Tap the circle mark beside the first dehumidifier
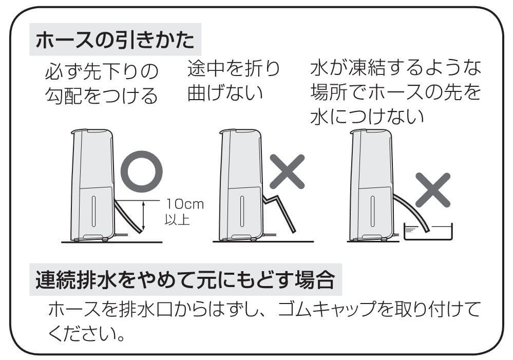pyautogui.click(x=141, y=172)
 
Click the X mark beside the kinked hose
pyautogui.click(x=287, y=172)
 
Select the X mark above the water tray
pyautogui.click(x=432, y=190)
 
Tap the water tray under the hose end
pyautogui.click(x=428, y=232)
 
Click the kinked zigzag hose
pyautogui.click(x=278, y=212)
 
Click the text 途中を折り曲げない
pyautogui.click(x=234, y=81)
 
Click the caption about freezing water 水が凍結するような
pyautogui.click(x=396, y=68)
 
